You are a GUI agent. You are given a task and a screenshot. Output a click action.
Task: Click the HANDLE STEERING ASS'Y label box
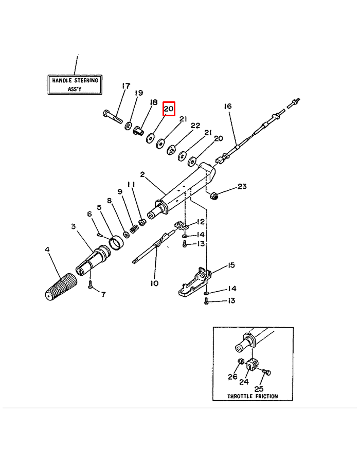click(75, 84)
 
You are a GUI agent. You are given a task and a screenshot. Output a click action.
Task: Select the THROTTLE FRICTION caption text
click(253, 396)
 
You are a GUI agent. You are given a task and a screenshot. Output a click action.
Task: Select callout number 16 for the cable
click(227, 106)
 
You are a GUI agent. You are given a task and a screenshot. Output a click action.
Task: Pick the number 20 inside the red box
click(169, 109)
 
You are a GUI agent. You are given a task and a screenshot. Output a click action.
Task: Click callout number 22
click(195, 126)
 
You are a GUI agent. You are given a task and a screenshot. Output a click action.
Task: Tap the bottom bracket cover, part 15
click(194, 280)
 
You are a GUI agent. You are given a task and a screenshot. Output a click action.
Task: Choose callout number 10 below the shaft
click(154, 283)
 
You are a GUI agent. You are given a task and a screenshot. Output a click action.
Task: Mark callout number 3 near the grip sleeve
click(73, 226)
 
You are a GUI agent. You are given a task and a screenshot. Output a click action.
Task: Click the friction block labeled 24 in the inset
click(250, 365)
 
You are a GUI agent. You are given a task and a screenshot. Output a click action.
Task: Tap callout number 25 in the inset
click(259, 389)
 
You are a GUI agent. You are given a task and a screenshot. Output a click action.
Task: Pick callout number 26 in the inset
click(232, 377)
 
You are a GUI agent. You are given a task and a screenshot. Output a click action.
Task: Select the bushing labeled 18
click(138, 131)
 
